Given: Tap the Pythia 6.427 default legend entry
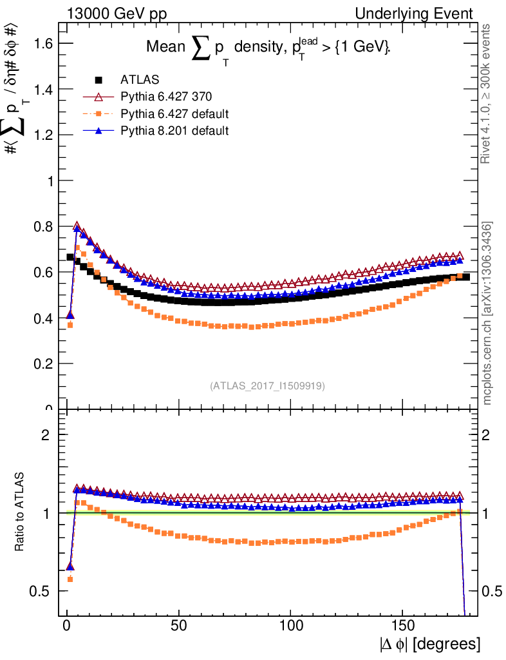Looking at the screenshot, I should click(174, 114).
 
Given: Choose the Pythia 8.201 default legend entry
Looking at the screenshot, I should click(174, 131).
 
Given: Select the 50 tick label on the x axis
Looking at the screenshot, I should click(179, 625).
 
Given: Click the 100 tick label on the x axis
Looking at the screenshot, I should click(291, 625).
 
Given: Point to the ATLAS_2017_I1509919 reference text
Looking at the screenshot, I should click(267, 386).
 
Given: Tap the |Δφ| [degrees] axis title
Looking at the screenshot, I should click(429, 644).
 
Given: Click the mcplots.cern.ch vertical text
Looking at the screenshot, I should click(488, 314).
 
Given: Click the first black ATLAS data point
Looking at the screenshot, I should click(70, 257).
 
